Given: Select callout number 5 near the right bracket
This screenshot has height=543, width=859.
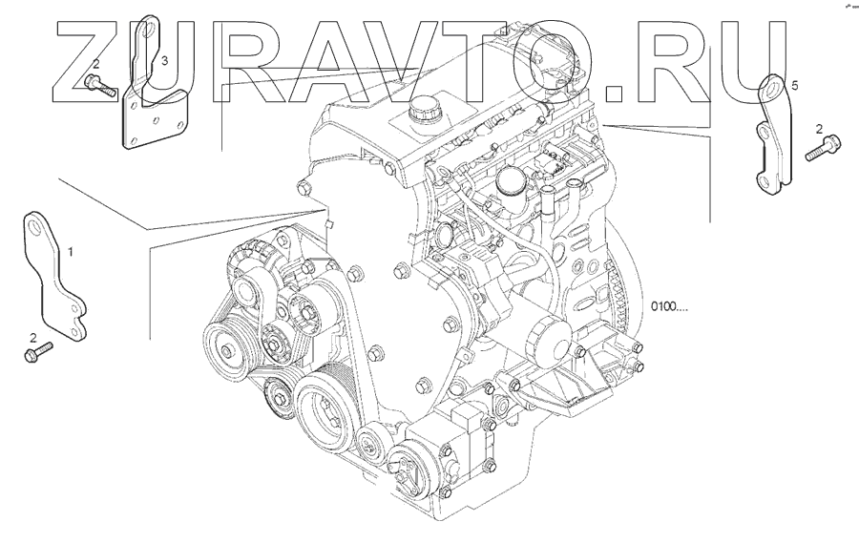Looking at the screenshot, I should (x=796, y=85).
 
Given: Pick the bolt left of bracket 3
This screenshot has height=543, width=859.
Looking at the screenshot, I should (x=99, y=87).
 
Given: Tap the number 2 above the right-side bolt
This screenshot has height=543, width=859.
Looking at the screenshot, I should (x=819, y=129).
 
